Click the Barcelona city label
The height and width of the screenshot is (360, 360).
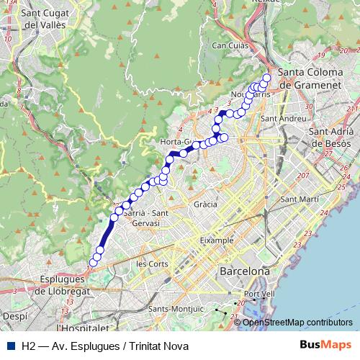pyautogui.click(x=244, y=271)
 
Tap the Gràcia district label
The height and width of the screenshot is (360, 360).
pyautogui.click(x=205, y=204)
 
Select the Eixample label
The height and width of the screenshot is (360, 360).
pyautogui.click(x=217, y=239)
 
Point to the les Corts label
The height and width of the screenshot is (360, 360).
pyautogui.click(x=151, y=264)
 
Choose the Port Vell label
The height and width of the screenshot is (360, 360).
pyautogui.click(x=259, y=294)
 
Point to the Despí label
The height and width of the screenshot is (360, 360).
pyautogui.click(x=14, y=315)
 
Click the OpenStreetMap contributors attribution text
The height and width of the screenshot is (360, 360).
pyautogui.click(x=298, y=322)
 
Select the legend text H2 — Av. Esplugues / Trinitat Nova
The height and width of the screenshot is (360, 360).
pyautogui.click(x=105, y=346)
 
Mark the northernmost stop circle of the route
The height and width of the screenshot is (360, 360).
pyautogui.click(x=266, y=78)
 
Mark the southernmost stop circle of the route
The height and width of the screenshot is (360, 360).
pyautogui.click(x=94, y=261)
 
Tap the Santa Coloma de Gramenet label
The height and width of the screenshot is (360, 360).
pyautogui.click(x=315, y=78)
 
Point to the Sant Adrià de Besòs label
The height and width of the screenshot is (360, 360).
pyautogui.click(x=333, y=137)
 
